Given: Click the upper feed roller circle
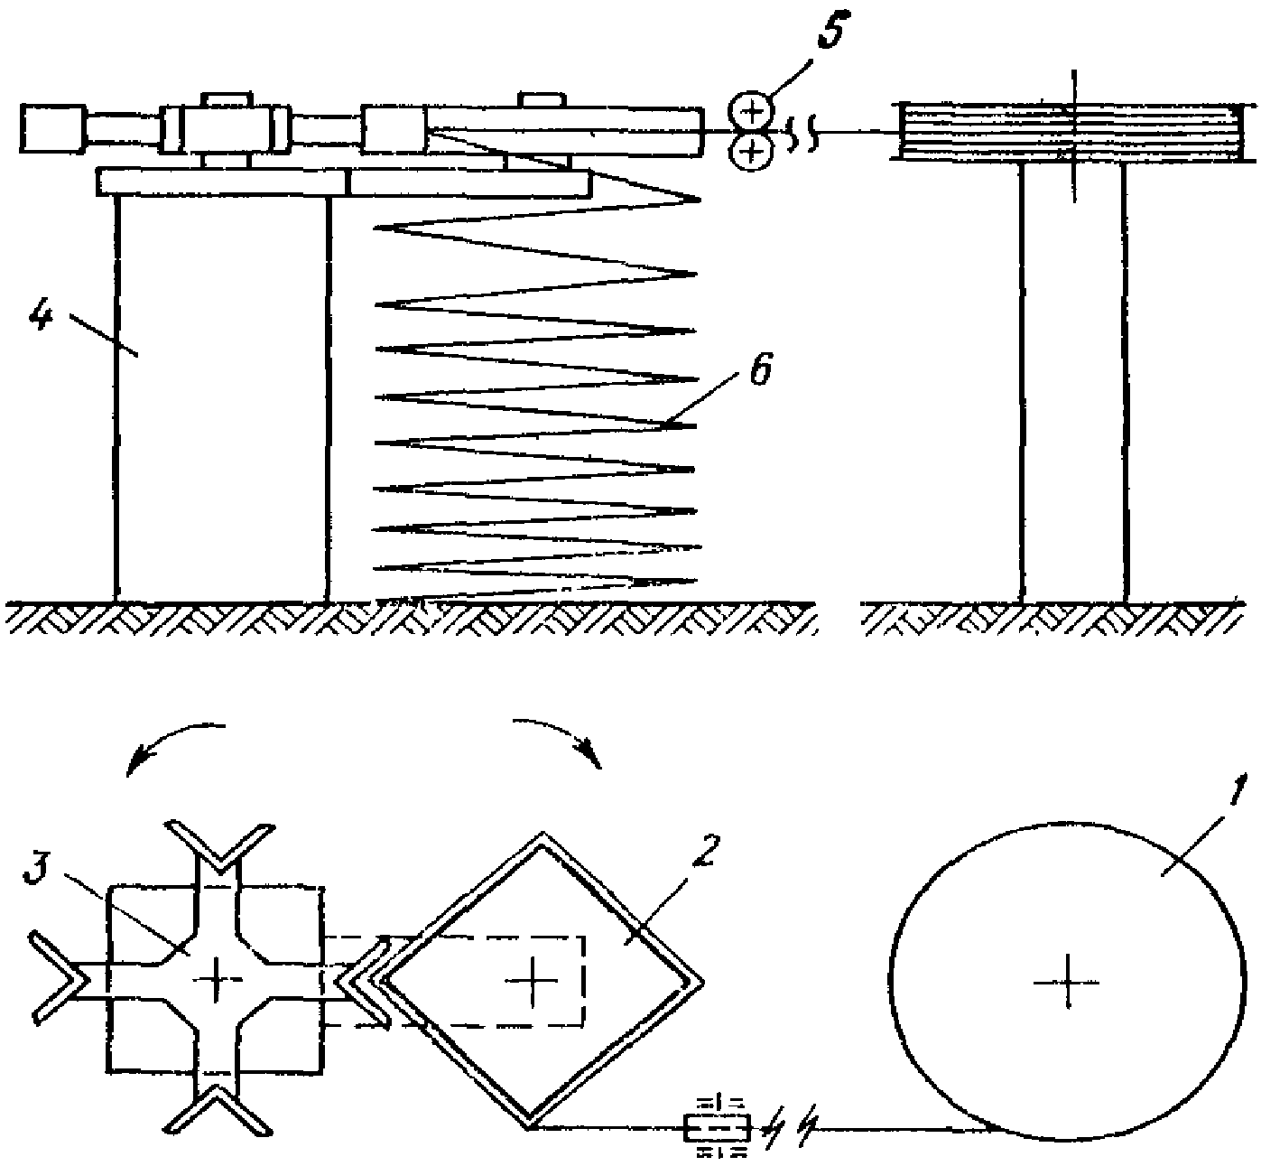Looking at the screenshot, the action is (x=751, y=111).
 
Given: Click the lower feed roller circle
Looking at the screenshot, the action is (x=751, y=152).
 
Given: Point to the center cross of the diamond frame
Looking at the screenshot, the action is (x=535, y=979).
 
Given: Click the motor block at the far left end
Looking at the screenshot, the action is (x=52, y=128).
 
